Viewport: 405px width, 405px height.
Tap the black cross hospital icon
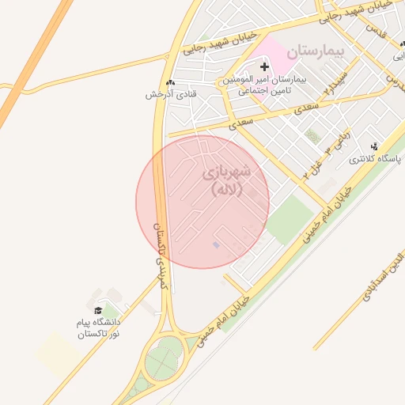tap(264, 67)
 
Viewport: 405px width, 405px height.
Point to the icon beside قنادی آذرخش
tap(171, 82)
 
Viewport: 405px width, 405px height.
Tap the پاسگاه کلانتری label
tap(377, 159)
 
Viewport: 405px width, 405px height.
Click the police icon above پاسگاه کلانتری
tap(375, 146)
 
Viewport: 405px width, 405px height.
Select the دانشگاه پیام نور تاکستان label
tap(98, 328)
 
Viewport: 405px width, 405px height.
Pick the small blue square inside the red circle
tap(216, 245)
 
